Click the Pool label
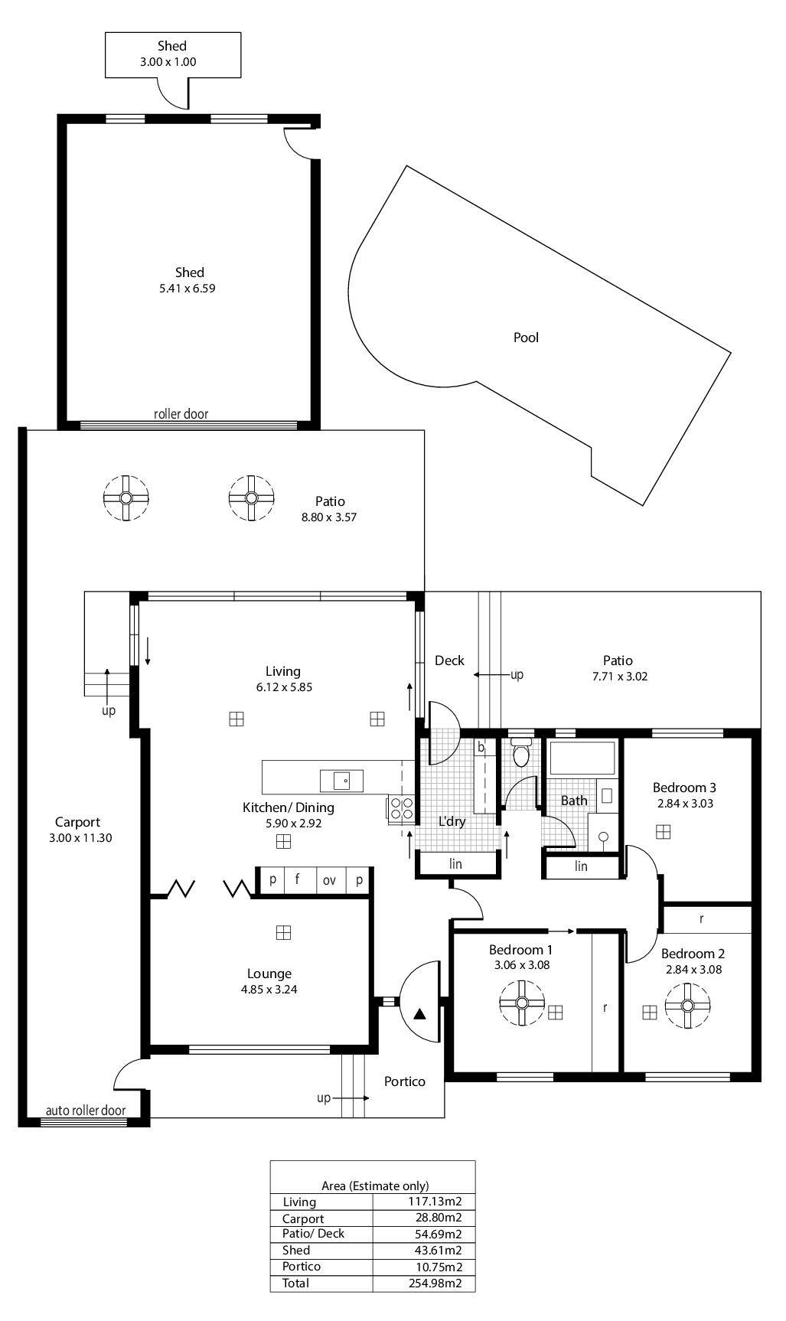pyautogui.click(x=526, y=338)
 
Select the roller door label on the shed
pyautogui.click(x=181, y=414)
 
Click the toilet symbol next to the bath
pyautogui.click(x=521, y=753)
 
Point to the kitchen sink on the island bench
pyautogui.click(x=341, y=781)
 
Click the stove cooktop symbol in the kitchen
pyautogui.click(x=403, y=809)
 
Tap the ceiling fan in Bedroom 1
pyautogui.click(x=522, y=1003)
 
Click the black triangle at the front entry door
pyautogui.click(x=419, y=1015)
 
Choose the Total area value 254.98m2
pyautogui.click(x=435, y=1283)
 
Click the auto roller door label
pyautogui.click(x=85, y=1110)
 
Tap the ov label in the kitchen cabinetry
pyautogui.click(x=329, y=880)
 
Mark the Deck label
pyautogui.click(x=449, y=660)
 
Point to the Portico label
pyautogui.click(x=404, y=1081)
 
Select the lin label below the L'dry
pyautogui.click(x=455, y=864)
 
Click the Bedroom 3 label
pyautogui.click(x=684, y=788)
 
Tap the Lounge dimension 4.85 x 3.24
pyautogui.click(x=269, y=990)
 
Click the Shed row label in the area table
pyautogui.click(x=296, y=1251)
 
